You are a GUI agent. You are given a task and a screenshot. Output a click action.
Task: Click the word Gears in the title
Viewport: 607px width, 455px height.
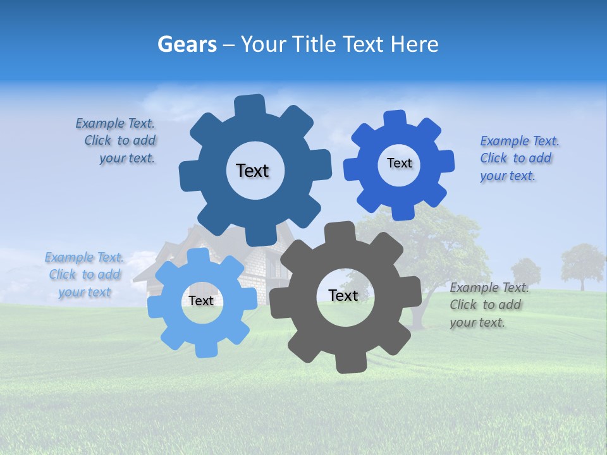[186, 44]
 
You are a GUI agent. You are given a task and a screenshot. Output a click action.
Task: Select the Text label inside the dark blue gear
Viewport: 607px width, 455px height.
[252, 171]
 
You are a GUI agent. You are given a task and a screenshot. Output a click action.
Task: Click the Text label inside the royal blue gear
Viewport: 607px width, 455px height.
[399, 163]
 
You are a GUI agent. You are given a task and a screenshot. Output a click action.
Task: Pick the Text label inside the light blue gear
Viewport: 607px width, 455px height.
[201, 301]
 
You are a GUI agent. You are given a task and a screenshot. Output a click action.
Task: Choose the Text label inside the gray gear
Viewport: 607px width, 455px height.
[343, 295]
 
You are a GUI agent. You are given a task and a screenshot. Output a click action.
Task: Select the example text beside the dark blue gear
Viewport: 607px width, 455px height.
[117, 141]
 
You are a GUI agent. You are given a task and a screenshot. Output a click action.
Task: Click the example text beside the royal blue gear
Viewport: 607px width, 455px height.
[518, 158]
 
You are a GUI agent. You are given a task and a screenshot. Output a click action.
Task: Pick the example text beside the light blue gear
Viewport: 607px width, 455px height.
[84, 275]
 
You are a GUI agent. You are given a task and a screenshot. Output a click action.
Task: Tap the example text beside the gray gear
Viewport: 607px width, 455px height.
[488, 305]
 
